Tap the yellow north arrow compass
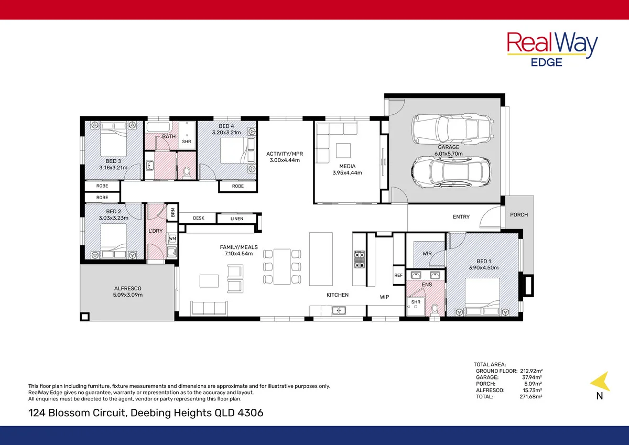pos(600,381)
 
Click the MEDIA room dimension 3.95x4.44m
pos(347,172)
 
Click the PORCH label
pos(519,215)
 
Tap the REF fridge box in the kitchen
pos(398,275)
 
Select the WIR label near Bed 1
pos(427,254)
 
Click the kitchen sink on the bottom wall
pos(338,311)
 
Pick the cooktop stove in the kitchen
pos(359,258)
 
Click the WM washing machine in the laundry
pos(172,239)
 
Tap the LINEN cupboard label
pos(236,219)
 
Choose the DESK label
pos(198,218)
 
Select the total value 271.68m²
pos(530,397)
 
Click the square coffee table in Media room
pos(343,150)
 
